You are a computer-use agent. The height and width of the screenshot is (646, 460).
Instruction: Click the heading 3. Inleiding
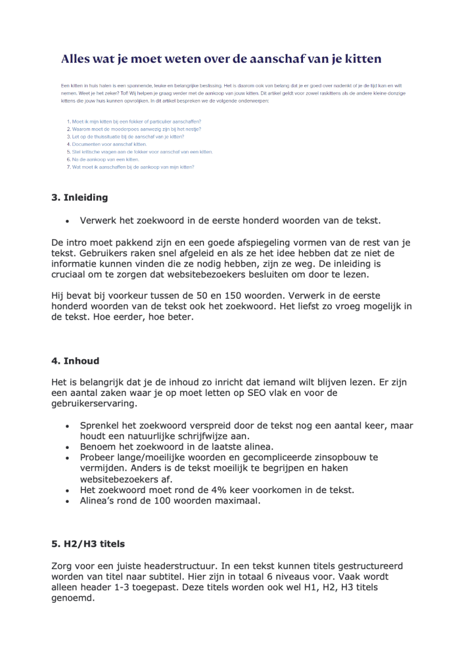click(79, 198)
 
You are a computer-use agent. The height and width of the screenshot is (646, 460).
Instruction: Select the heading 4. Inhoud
click(75, 361)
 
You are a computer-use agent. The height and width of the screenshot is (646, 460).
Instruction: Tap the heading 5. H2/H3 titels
click(88, 544)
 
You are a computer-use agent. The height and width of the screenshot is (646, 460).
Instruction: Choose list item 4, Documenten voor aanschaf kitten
click(106, 144)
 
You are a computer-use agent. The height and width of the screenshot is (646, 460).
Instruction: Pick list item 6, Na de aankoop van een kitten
click(103, 159)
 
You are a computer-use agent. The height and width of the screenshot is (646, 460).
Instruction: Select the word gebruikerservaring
click(93, 404)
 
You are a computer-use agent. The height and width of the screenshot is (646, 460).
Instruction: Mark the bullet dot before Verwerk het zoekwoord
click(67, 221)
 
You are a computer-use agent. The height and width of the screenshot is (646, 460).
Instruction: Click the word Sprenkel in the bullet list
click(99, 426)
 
